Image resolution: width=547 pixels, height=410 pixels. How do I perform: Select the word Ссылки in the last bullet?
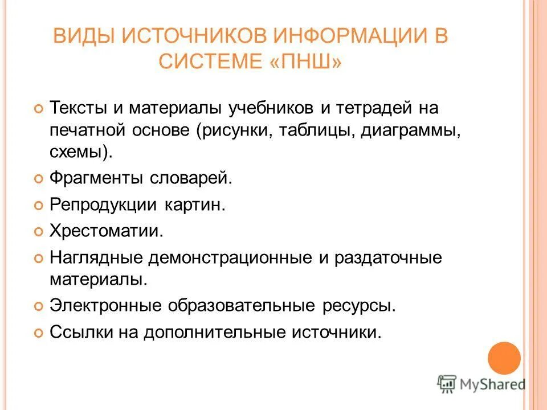tap(80, 332)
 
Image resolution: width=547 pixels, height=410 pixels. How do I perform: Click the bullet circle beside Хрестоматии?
tap(38, 232)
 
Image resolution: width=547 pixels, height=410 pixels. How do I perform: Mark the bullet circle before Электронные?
tap(38, 306)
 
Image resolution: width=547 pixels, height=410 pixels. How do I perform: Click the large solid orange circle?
tap(504, 358)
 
